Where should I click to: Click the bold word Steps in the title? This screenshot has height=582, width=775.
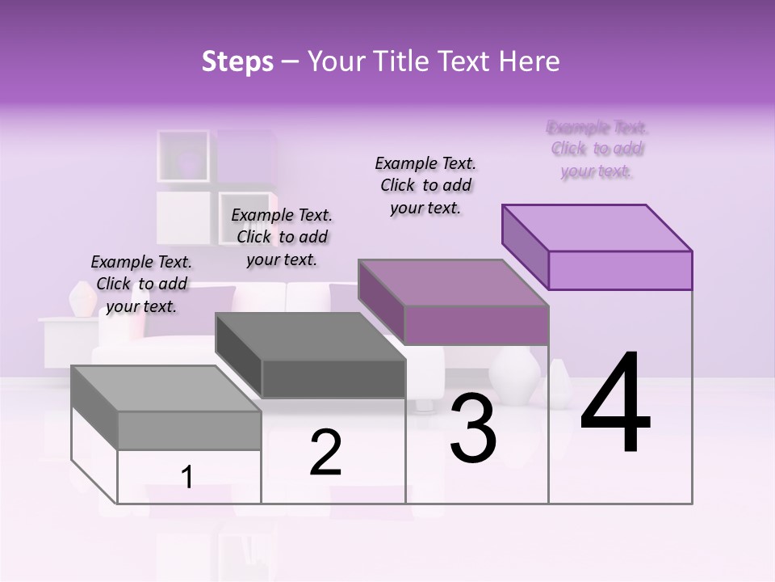click(237, 61)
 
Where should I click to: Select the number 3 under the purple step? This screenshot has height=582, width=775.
click(473, 428)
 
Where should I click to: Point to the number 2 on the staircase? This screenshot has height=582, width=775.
click(325, 453)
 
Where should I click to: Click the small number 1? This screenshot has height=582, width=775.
click(187, 477)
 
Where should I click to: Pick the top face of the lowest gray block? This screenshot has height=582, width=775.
click(165, 389)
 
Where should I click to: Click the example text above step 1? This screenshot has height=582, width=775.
click(141, 284)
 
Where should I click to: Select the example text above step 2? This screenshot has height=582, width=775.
click(282, 237)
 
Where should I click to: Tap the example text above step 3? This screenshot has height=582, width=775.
click(425, 185)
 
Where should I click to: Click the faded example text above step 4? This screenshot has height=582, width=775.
click(597, 149)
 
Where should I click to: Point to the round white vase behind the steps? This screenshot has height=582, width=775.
click(516, 373)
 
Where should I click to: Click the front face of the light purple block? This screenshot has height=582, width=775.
click(620, 270)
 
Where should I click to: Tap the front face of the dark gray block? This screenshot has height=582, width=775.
click(333, 379)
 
